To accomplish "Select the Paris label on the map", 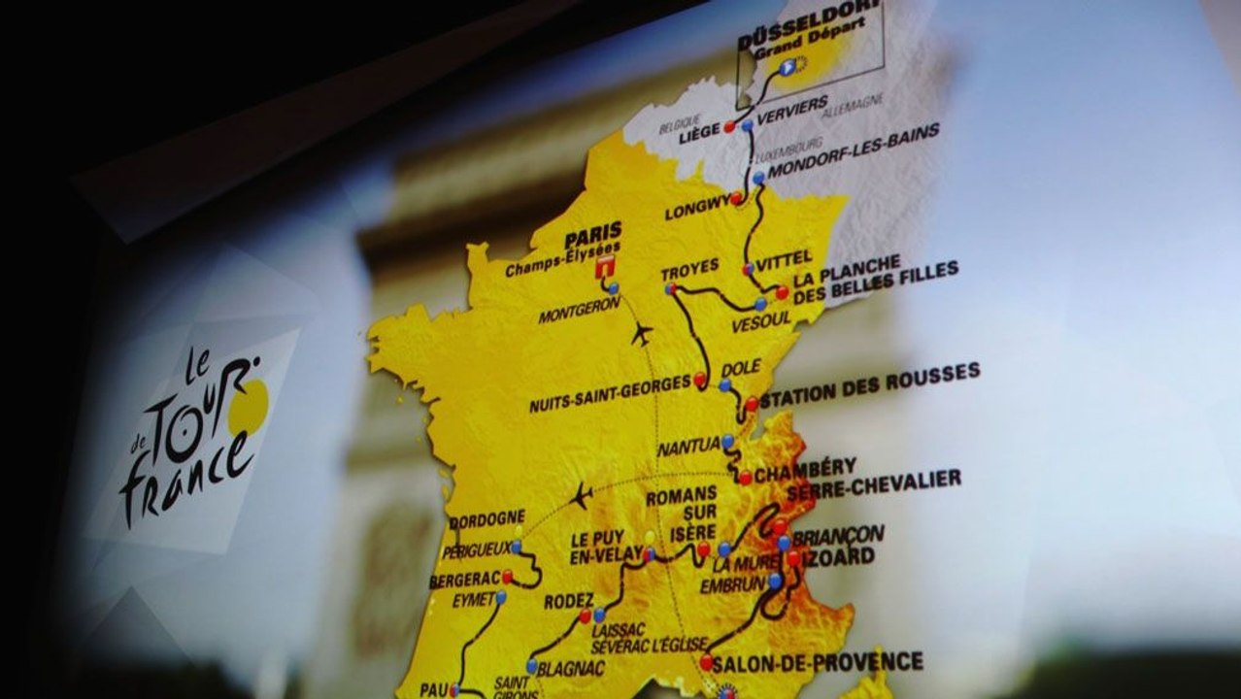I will tap(592, 236).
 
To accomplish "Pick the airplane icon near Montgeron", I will tap(641, 335).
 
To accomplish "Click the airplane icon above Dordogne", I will tap(581, 496).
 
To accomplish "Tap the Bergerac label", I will tap(464, 580).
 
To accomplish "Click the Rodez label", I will tap(568, 601).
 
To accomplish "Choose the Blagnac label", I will tap(573, 667).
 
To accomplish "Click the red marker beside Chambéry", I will tap(745, 478).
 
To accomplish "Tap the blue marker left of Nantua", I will tap(727, 441).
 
